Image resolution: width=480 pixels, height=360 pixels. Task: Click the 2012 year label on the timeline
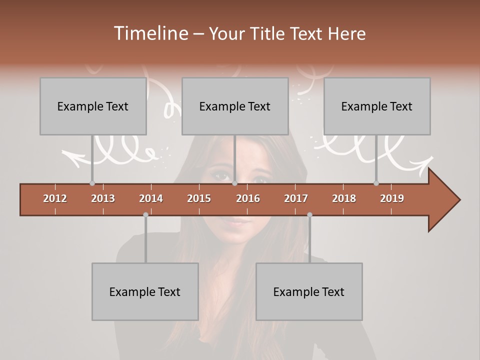coord(55,198)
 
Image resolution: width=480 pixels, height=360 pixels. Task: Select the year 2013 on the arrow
coord(103,198)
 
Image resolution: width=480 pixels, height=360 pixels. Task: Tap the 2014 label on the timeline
coord(151,198)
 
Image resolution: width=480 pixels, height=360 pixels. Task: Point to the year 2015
coord(199,198)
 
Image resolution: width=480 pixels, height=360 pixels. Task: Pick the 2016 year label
coord(248,198)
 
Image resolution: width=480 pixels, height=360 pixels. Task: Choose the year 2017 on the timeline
coord(296,198)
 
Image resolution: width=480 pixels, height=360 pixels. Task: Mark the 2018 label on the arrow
coord(344,198)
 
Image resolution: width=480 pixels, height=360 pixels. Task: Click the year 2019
coord(392,198)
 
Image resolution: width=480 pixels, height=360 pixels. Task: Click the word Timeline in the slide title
coord(150,33)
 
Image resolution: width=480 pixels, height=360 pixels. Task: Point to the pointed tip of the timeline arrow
coord(459,200)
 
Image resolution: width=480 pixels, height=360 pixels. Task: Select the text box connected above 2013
coord(93,106)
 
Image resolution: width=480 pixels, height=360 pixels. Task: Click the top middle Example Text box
coord(235,106)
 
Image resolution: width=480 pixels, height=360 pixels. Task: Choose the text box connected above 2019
coord(377,106)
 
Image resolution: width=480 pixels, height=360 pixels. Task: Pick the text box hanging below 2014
coord(145,291)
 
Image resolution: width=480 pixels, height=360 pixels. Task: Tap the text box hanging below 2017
coord(309,291)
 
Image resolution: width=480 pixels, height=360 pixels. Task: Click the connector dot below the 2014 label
coord(145,214)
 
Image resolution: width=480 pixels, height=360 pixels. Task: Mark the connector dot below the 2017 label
coord(309,214)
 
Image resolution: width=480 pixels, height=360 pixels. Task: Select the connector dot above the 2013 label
coord(92,183)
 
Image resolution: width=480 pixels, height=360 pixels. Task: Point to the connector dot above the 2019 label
coord(376,183)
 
